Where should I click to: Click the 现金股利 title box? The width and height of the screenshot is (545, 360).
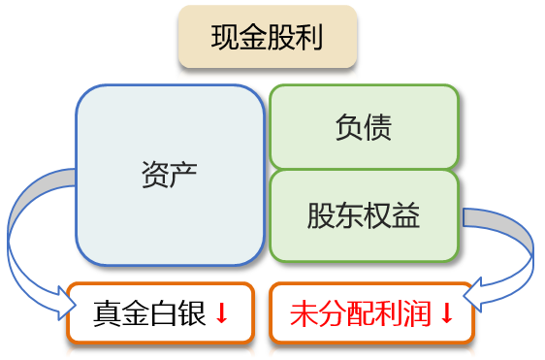point(267,39)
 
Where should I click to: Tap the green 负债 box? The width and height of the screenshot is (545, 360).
point(364,127)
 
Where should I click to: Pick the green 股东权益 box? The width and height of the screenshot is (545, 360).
point(364,215)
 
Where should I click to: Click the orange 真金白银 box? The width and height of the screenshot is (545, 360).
point(161,312)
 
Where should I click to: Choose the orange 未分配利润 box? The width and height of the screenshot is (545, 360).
point(371,312)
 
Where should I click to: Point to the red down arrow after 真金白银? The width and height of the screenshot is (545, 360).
point(221,313)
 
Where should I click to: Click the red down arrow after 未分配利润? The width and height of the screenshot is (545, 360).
point(447,313)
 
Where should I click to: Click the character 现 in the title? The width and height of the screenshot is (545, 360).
point(225,39)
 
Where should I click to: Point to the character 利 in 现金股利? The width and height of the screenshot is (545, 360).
point(309,39)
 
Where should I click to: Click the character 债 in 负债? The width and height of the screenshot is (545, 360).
point(378,127)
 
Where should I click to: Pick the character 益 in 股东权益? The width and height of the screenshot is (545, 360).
point(407,215)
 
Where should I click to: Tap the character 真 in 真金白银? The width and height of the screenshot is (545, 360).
point(108,313)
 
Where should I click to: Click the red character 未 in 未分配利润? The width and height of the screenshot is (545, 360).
point(305,313)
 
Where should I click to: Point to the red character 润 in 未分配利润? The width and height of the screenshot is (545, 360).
point(420,313)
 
